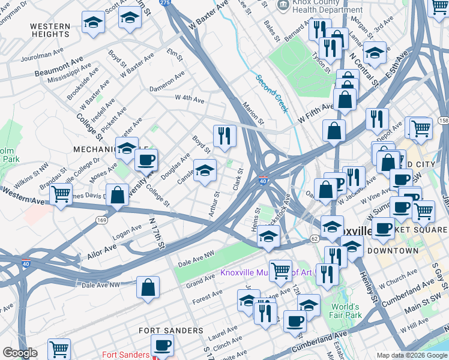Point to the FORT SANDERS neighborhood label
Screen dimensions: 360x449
[170, 331]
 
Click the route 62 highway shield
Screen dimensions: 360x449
[315, 238]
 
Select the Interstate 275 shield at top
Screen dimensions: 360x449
[164, 3]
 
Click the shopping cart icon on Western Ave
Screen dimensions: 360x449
[61, 194]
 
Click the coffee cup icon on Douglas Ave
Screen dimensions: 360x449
[146, 160]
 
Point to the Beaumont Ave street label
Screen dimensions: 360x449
[58, 67]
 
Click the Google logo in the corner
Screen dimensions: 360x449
[20, 353]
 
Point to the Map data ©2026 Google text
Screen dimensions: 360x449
[412, 355]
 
